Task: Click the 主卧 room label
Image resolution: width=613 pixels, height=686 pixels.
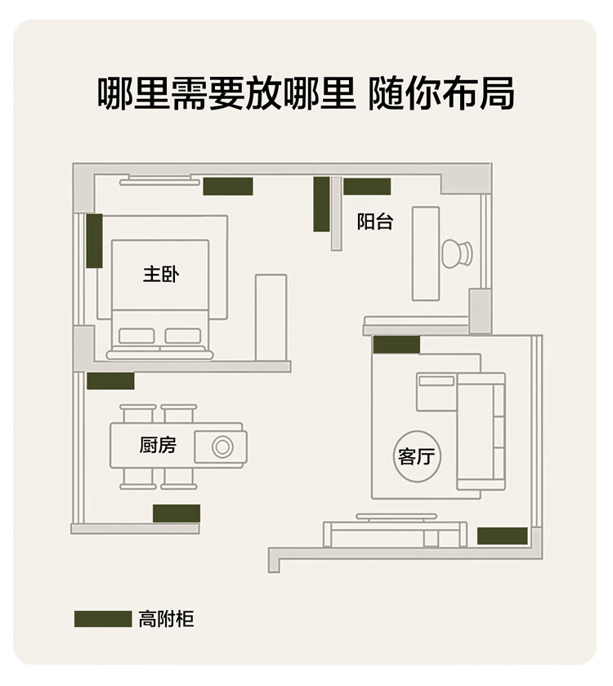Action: tap(161, 274)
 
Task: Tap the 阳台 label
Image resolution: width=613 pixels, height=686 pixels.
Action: tap(375, 222)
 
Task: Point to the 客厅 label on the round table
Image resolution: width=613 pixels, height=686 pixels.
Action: tap(418, 456)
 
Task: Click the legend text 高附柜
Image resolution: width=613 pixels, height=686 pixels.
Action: tap(167, 619)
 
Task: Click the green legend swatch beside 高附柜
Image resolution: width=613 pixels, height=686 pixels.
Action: tap(103, 619)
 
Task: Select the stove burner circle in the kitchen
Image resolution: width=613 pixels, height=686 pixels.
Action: tap(222, 446)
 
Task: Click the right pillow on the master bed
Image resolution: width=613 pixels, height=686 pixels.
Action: tap(182, 335)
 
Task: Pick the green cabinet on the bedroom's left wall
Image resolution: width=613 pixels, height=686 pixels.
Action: tap(95, 240)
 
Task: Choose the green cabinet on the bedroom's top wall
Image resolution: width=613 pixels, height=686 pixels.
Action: tap(228, 186)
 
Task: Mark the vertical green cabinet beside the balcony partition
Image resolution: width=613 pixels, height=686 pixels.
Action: tap(322, 204)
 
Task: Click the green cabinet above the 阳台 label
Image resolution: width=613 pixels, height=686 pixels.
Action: tap(367, 186)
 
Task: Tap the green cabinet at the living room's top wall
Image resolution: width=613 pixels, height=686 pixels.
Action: tap(396, 345)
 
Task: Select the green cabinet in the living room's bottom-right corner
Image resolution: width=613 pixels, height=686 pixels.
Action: tap(502, 536)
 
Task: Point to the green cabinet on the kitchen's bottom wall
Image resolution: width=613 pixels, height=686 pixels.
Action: tap(177, 513)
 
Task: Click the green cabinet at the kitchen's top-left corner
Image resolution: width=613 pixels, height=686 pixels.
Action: tap(110, 381)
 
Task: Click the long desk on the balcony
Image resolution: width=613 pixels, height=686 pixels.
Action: tap(425, 253)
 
